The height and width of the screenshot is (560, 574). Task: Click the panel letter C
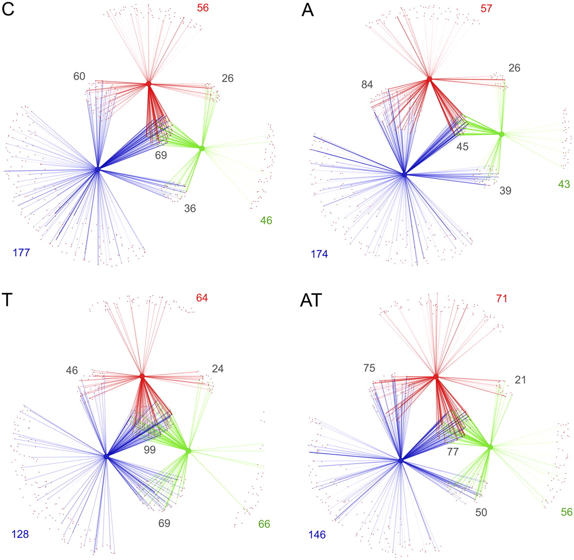pos(8,10)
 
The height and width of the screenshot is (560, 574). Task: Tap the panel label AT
pos(311,301)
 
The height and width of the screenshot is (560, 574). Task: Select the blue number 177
pos(21,253)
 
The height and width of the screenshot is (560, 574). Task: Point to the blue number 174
pos(319,254)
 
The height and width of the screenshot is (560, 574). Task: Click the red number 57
pos(487,8)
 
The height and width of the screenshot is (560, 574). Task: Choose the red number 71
pos(502,299)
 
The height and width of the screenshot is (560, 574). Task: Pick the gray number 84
pos(367,85)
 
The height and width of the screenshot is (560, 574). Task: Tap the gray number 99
pos(149,450)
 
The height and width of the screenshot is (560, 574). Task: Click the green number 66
pos(264,524)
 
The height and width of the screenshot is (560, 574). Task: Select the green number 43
pos(564,184)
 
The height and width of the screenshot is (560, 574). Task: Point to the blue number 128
pos(20,534)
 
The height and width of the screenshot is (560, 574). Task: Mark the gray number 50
pos(481,512)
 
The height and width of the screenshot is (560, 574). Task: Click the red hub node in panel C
pos(149,84)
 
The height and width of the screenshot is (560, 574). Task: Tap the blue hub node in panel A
pos(404,175)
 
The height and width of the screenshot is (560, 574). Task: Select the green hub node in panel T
pos(188,451)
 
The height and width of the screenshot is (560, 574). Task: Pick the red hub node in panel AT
pos(436,376)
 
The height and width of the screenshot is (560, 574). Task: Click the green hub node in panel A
pos(501,134)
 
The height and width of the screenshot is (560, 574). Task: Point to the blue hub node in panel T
pos(106,456)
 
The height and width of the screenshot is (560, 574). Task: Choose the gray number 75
pos(370,368)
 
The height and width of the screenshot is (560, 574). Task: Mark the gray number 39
pos(505,190)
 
